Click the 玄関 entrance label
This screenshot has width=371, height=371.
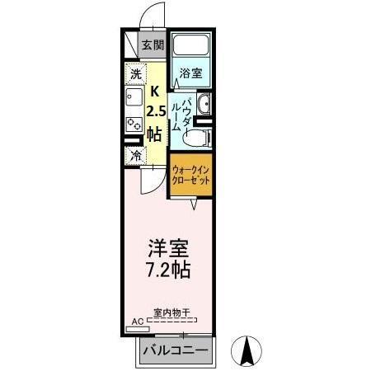coord(153,46)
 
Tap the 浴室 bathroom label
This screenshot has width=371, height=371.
coord(191,72)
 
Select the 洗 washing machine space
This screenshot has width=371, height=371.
coord(135,74)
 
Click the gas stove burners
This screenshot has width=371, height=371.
coord(134,124)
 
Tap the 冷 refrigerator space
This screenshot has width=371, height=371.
coord(134,154)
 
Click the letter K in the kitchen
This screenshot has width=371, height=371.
coord(153,92)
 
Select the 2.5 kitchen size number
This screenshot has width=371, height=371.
coord(154,112)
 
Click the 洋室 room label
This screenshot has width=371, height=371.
coord(170,248)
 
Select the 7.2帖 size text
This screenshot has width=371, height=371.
coord(170,270)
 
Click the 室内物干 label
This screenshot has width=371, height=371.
coord(171,313)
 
